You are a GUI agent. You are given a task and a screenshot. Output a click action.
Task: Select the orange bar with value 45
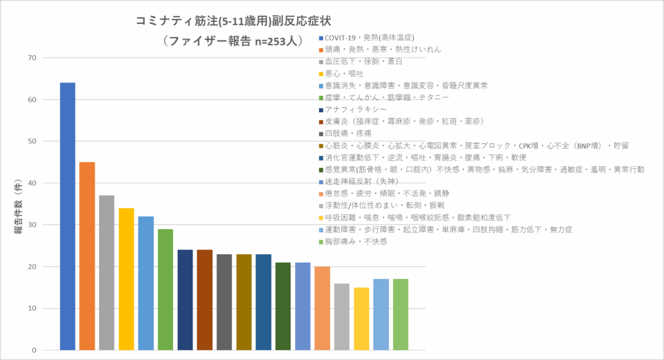[x=87, y=256]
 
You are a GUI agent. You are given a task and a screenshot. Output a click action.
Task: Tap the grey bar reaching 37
[x=106, y=272]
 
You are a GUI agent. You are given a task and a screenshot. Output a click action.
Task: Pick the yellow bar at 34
[x=126, y=279]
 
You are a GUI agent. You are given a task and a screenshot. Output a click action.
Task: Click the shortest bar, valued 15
[x=362, y=318]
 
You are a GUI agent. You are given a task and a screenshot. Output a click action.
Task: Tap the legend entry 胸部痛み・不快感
[x=355, y=242]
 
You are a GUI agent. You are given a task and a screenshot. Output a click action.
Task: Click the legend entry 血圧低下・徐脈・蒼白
[x=364, y=61]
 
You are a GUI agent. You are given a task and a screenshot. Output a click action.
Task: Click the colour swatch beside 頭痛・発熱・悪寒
[x=321, y=49]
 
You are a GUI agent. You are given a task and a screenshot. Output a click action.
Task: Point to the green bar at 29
[x=165, y=289]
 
